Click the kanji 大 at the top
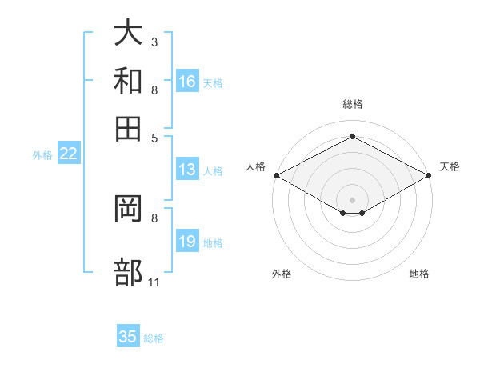coord(128,32)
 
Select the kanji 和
coord(128,81)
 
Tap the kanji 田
coord(128,129)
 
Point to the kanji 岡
coord(128,209)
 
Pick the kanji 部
coord(128,272)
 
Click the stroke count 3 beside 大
coord(154,42)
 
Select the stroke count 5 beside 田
coord(154,138)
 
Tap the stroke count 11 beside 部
coord(154,282)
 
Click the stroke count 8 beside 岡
coord(154,218)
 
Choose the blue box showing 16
coord(187,81)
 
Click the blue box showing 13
coord(187,169)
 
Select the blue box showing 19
coord(187,240)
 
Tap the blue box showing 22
coord(69,153)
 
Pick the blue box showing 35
coord(128,335)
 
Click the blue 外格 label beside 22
coord(42,155)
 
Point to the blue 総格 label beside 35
coord(154,338)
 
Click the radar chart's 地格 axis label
coord(419,274)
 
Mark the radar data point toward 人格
coord(277,175)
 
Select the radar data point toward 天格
coord(429,175)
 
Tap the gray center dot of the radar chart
coord(352,200)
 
